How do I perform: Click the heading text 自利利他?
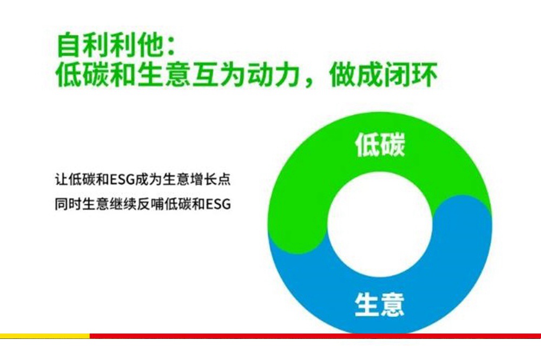(110, 45)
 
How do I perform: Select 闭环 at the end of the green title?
(411, 75)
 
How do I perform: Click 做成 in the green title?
(356, 75)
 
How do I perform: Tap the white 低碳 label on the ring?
(380, 144)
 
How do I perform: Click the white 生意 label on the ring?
(379, 304)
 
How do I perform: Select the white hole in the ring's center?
(380, 224)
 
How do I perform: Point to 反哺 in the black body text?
(150, 204)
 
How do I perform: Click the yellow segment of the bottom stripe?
(45, 336)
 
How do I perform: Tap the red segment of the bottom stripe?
(315, 336)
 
